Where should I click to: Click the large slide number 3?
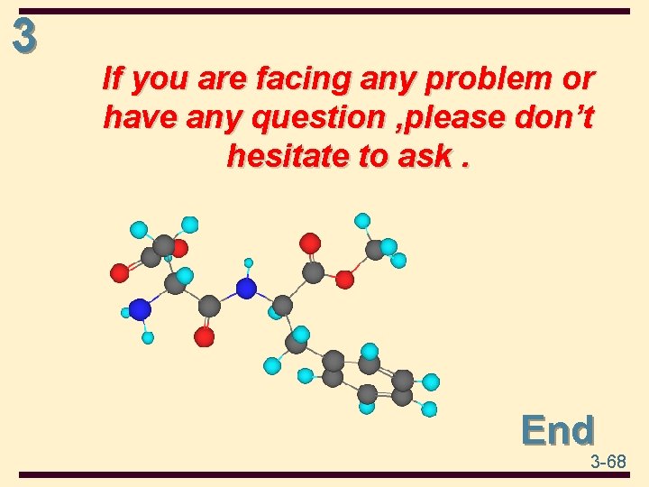[x=24, y=36]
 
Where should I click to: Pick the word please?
[x=464, y=118]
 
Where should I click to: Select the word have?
[x=135, y=118]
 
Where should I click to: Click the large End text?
[x=558, y=430]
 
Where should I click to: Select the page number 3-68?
[x=608, y=462]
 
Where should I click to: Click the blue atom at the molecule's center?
[x=246, y=289]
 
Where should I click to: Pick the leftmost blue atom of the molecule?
[x=140, y=309]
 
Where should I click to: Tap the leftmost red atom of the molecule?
[x=120, y=272]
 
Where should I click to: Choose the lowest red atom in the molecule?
[x=205, y=336]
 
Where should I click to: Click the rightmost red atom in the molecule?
[x=344, y=280]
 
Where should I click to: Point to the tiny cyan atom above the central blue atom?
[x=249, y=263]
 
